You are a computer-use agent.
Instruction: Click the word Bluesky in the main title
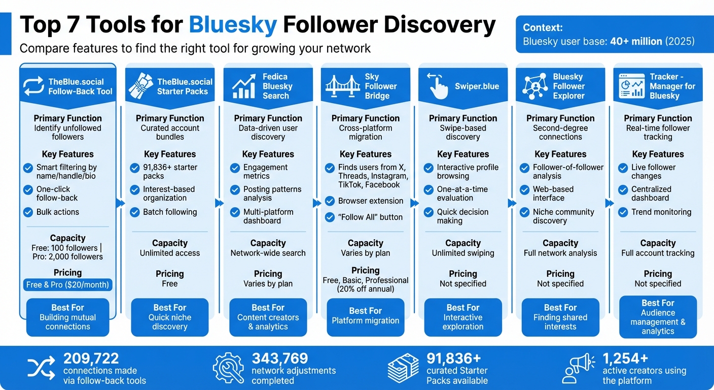click(233, 25)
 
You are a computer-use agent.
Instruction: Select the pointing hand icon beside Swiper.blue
click(438, 86)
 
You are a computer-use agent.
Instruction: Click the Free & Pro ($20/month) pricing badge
click(68, 284)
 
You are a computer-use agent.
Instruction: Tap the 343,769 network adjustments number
click(279, 359)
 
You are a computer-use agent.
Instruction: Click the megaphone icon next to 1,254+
click(579, 368)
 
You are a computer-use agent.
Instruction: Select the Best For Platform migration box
click(365, 316)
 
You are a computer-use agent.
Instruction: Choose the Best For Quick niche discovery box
click(170, 317)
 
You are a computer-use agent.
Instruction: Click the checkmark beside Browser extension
click(330, 201)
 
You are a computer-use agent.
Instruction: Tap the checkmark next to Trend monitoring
click(623, 212)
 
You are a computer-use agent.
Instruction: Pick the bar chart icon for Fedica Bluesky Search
click(244, 86)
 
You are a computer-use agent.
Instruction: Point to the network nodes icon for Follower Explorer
click(535, 86)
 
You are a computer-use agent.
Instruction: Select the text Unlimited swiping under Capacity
click(462, 253)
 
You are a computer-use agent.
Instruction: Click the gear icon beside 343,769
click(228, 368)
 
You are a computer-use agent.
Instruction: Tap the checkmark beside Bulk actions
click(28, 212)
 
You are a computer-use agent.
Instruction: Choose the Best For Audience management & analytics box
click(658, 317)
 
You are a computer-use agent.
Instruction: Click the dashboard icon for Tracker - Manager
click(632, 86)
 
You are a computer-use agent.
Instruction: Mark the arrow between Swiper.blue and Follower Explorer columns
click(511, 203)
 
